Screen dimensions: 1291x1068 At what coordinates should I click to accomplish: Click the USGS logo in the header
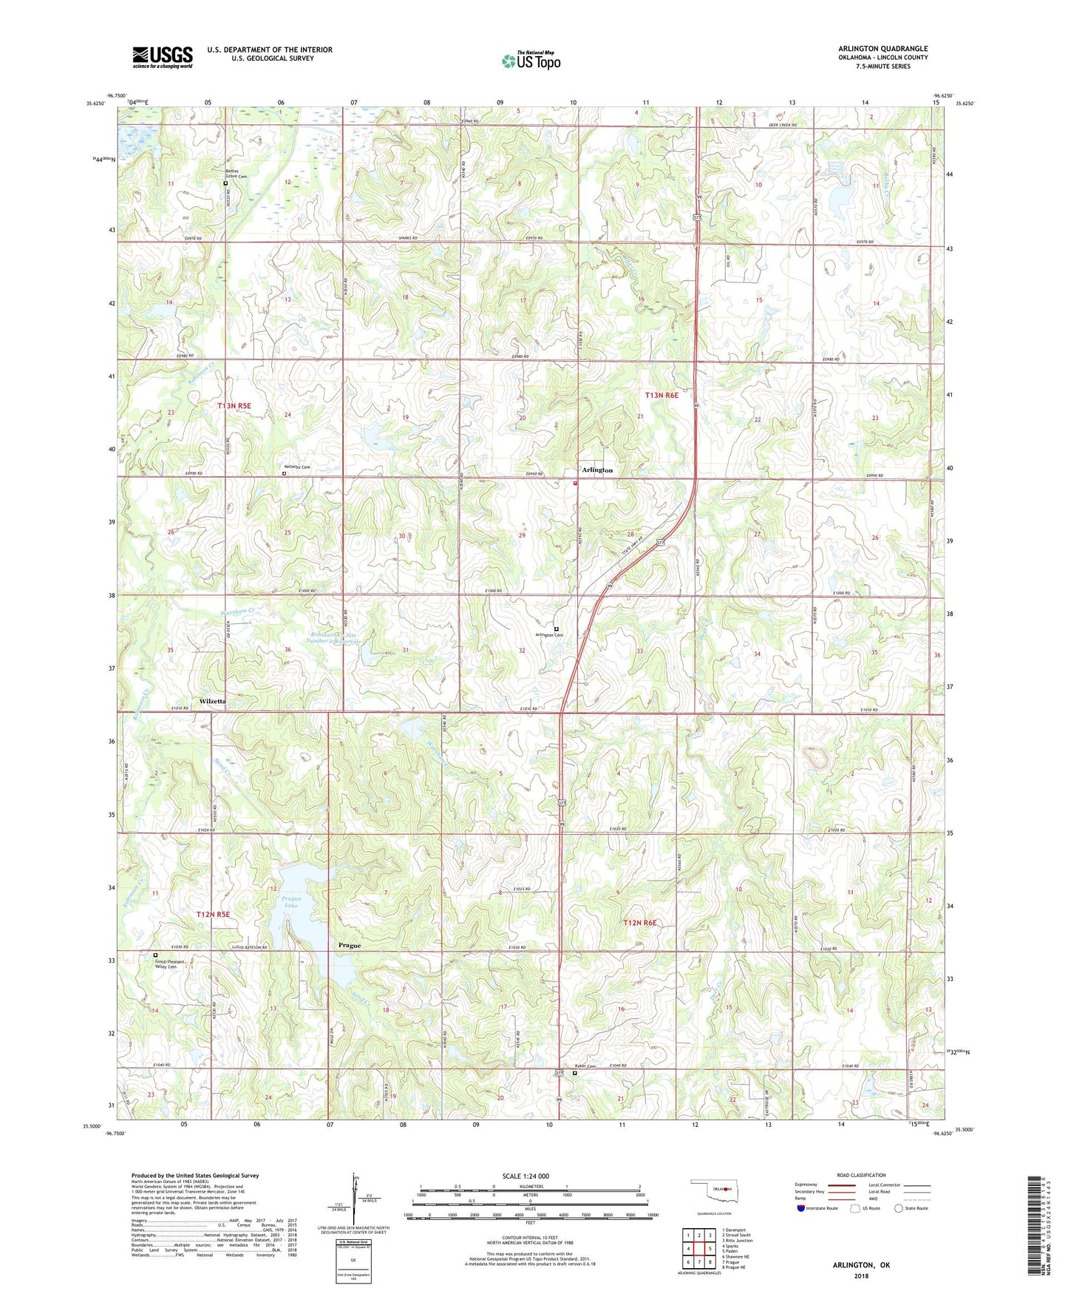(163, 57)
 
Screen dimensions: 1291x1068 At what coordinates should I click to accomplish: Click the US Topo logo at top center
(531, 61)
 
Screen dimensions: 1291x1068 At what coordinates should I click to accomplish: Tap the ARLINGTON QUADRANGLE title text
(882, 49)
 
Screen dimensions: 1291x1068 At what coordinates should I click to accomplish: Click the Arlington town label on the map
(597, 470)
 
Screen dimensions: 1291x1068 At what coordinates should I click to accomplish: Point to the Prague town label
(350, 946)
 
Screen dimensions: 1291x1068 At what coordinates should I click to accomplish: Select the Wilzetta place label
(213, 701)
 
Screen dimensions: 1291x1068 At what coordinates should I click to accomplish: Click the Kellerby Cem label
(297, 467)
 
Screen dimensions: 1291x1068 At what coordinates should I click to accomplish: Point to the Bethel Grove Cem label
(237, 174)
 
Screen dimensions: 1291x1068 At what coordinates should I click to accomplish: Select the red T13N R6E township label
(661, 396)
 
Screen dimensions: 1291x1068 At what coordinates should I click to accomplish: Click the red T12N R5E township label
(213, 915)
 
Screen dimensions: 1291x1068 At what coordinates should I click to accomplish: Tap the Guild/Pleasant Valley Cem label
(171, 964)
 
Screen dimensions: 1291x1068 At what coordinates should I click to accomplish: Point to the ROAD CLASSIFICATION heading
(861, 1175)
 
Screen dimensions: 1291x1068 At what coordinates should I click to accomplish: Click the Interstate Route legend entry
(817, 1208)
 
